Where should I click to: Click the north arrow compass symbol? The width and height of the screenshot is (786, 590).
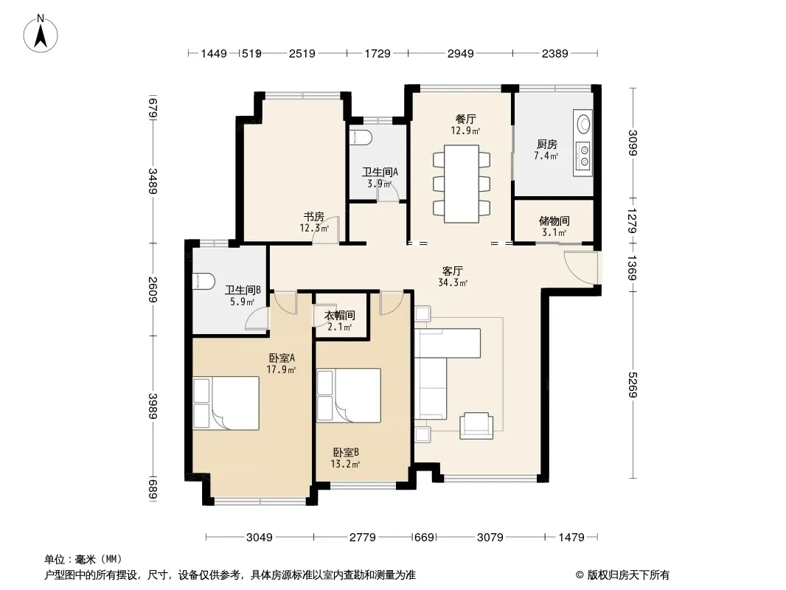click(41, 34)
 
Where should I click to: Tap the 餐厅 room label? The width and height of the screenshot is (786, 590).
click(465, 125)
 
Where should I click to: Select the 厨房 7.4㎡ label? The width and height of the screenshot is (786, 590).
click(546, 150)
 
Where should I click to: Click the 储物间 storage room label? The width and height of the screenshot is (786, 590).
click(554, 226)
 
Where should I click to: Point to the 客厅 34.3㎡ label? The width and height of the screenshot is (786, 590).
click(453, 277)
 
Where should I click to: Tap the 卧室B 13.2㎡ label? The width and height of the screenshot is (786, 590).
click(345, 458)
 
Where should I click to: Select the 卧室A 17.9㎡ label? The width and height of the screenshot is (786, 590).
click(281, 364)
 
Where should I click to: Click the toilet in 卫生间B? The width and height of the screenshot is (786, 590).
click(204, 281)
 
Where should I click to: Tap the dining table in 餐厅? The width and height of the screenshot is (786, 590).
click(461, 184)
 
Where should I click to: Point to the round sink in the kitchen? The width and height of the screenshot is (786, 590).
click(584, 123)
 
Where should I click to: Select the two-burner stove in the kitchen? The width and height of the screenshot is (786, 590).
click(583, 155)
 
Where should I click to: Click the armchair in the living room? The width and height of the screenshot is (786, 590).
click(476, 426)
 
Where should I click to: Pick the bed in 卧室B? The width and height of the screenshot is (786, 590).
click(349, 395)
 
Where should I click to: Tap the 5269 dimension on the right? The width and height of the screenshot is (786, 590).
click(633, 384)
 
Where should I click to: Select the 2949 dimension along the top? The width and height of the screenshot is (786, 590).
click(460, 53)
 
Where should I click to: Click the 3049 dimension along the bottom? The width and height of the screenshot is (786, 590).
click(259, 538)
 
